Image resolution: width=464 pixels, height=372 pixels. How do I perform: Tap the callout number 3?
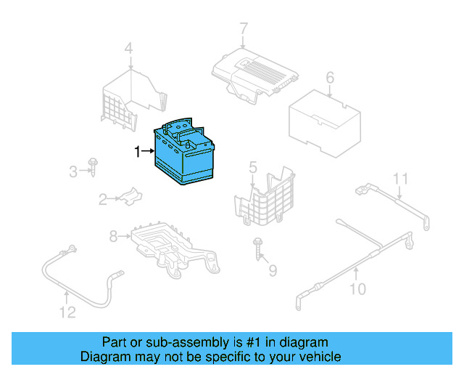(x=128, y=49)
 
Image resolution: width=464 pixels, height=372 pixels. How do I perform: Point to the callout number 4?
(x=252, y=168)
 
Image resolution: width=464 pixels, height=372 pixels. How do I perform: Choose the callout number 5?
(x=329, y=77)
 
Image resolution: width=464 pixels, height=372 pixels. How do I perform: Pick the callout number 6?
(x=244, y=29)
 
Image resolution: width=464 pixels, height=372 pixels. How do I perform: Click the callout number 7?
(x=113, y=236)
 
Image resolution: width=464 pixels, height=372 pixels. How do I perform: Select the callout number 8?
(x=273, y=271)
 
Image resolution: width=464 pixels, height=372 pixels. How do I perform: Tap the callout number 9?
(x=357, y=291)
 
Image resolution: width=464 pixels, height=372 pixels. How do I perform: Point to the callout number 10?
(x=401, y=178)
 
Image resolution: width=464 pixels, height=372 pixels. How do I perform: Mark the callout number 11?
(x=67, y=313)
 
